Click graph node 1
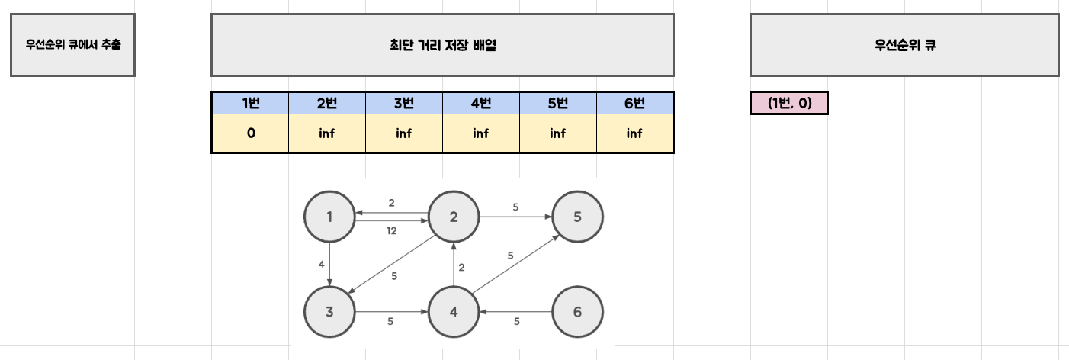(x=329, y=217)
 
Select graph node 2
(x=453, y=217)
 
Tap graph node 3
(x=329, y=312)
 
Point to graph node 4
(x=453, y=312)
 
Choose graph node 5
(x=577, y=217)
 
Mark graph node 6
(x=577, y=312)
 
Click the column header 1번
(x=250, y=103)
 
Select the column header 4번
(x=480, y=103)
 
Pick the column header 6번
(x=634, y=103)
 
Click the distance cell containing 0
(x=250, y=133)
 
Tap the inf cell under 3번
(x=403, y=133)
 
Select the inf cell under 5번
(x=557, y=133)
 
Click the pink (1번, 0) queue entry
(x=788, y=103)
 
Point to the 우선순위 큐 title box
(x=904, y=45)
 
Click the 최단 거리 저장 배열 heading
(x=442, y=45)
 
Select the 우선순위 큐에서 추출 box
(x=72, y=45)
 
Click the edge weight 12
(x=391, y=231)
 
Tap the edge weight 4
(x=322, y=265)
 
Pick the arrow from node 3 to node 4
(x=391, y=312)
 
